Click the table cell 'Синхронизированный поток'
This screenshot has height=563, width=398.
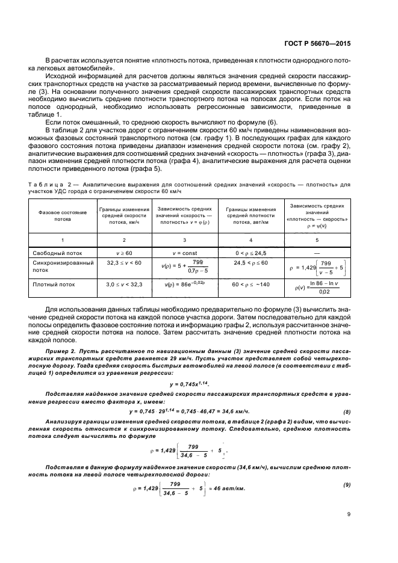click(54, 267)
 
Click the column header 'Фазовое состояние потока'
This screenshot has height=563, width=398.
click(54, 216)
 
